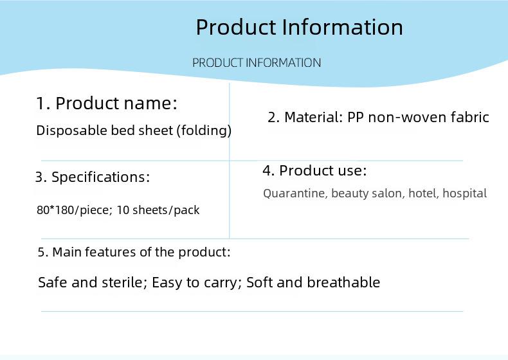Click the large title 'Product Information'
300,26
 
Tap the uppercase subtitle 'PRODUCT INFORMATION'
257,62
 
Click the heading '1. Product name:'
107,103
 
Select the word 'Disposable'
72,130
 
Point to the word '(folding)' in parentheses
204,130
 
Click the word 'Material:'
314,117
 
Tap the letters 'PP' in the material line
356,117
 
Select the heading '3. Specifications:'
93,177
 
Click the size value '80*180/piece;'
75,210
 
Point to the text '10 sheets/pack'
158,210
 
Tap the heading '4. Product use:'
314,170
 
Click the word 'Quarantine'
295,194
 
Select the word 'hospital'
464,194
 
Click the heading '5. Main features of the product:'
134,252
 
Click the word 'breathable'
343,282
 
